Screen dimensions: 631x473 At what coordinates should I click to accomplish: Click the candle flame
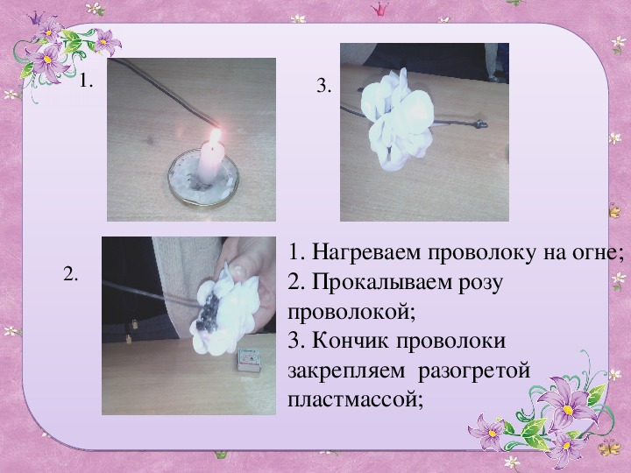point(216,137)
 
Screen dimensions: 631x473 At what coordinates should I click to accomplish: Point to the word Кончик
point(350,341)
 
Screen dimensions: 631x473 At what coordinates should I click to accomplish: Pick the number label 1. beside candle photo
point(86,81)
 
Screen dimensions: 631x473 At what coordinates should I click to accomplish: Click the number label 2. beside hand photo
point(71,275)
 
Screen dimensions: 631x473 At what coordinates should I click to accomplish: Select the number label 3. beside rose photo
point(324,87)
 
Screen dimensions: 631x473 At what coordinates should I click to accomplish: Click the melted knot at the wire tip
point(479,124)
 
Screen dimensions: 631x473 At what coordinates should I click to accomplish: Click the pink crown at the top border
point(379,9)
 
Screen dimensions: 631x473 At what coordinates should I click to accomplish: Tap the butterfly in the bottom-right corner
point(608,448)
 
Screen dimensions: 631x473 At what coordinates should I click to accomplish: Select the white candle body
point(210,165)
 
